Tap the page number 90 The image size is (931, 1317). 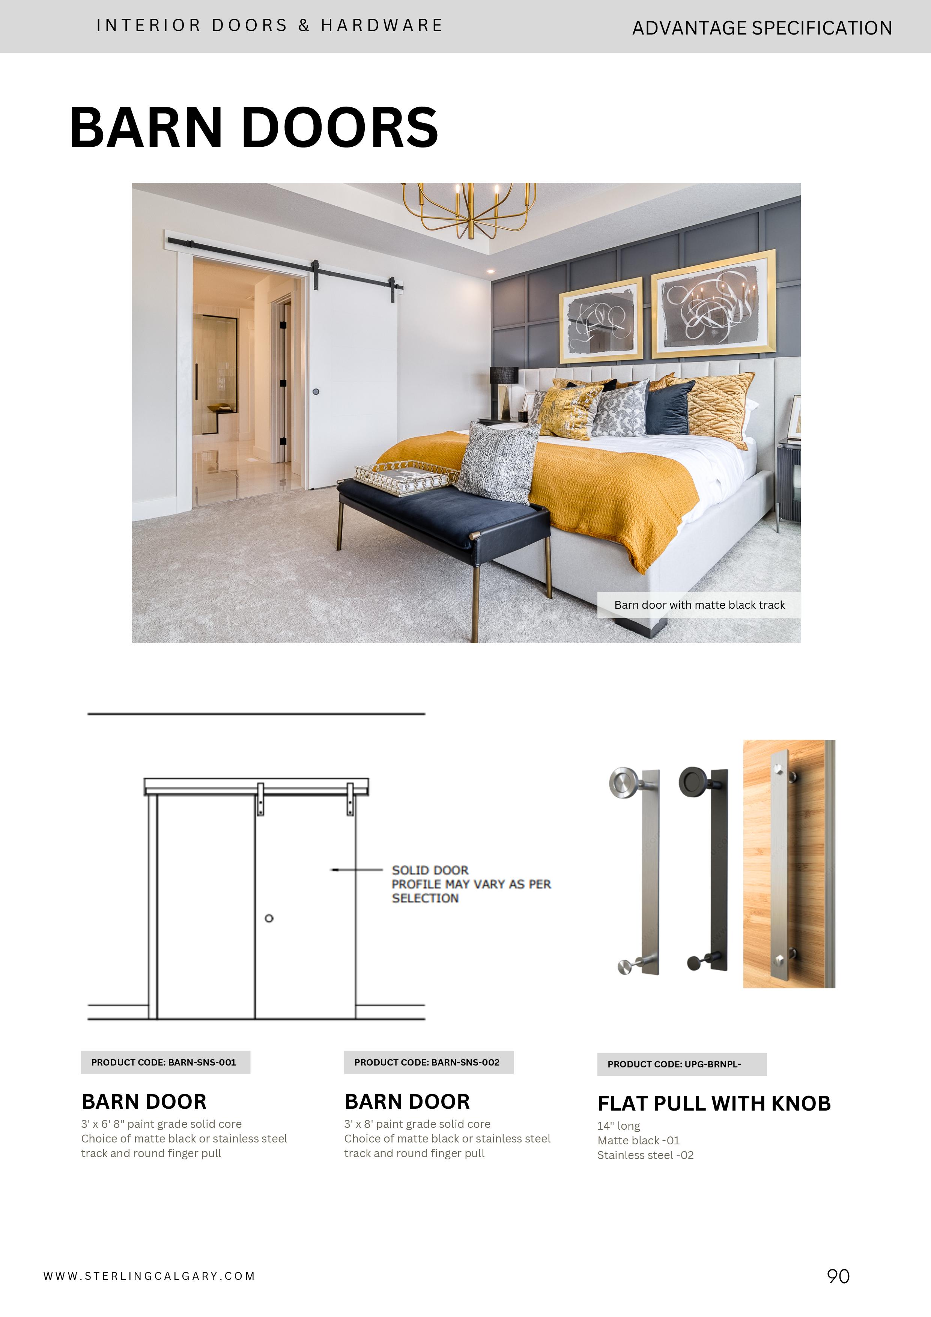coord(838,1276)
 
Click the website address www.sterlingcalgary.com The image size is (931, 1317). coord(149,1276)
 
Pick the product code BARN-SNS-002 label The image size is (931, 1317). coord(428,1062)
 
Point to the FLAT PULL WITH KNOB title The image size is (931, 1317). coord(714,1103)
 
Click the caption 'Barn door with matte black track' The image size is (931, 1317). coord(699,605)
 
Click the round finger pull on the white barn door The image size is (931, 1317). coord(316,392)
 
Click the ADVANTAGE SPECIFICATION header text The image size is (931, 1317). coord(761,27)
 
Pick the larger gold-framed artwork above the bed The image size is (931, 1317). coord(714,304)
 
